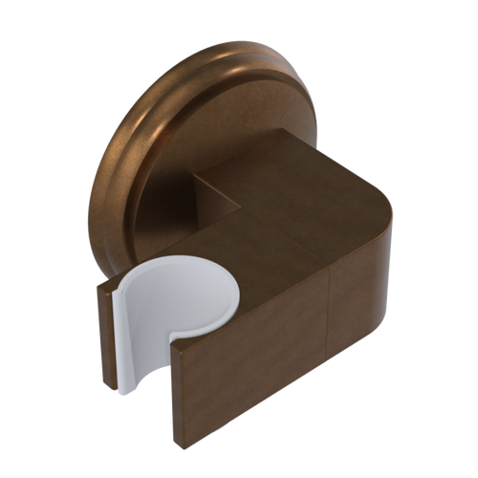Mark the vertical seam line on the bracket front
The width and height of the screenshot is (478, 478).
[x=327, y=325]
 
